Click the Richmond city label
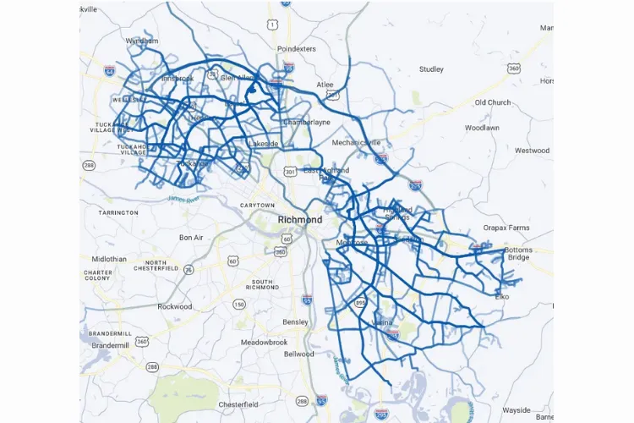[300, 220]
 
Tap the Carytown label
[257, 206]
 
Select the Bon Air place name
[191, 238]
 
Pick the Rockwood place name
[175, 306]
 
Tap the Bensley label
[295, 322]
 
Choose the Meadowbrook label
[264, 343]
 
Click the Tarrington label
[118, 212]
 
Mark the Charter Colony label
[98, 276]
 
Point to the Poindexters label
[296, 49]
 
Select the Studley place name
[431, 69]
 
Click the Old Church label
[492, 102]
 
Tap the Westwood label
[532, 151]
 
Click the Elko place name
[502, 297]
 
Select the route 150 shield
[239, 304]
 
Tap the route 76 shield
[189, 269]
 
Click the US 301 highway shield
[290, 173]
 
